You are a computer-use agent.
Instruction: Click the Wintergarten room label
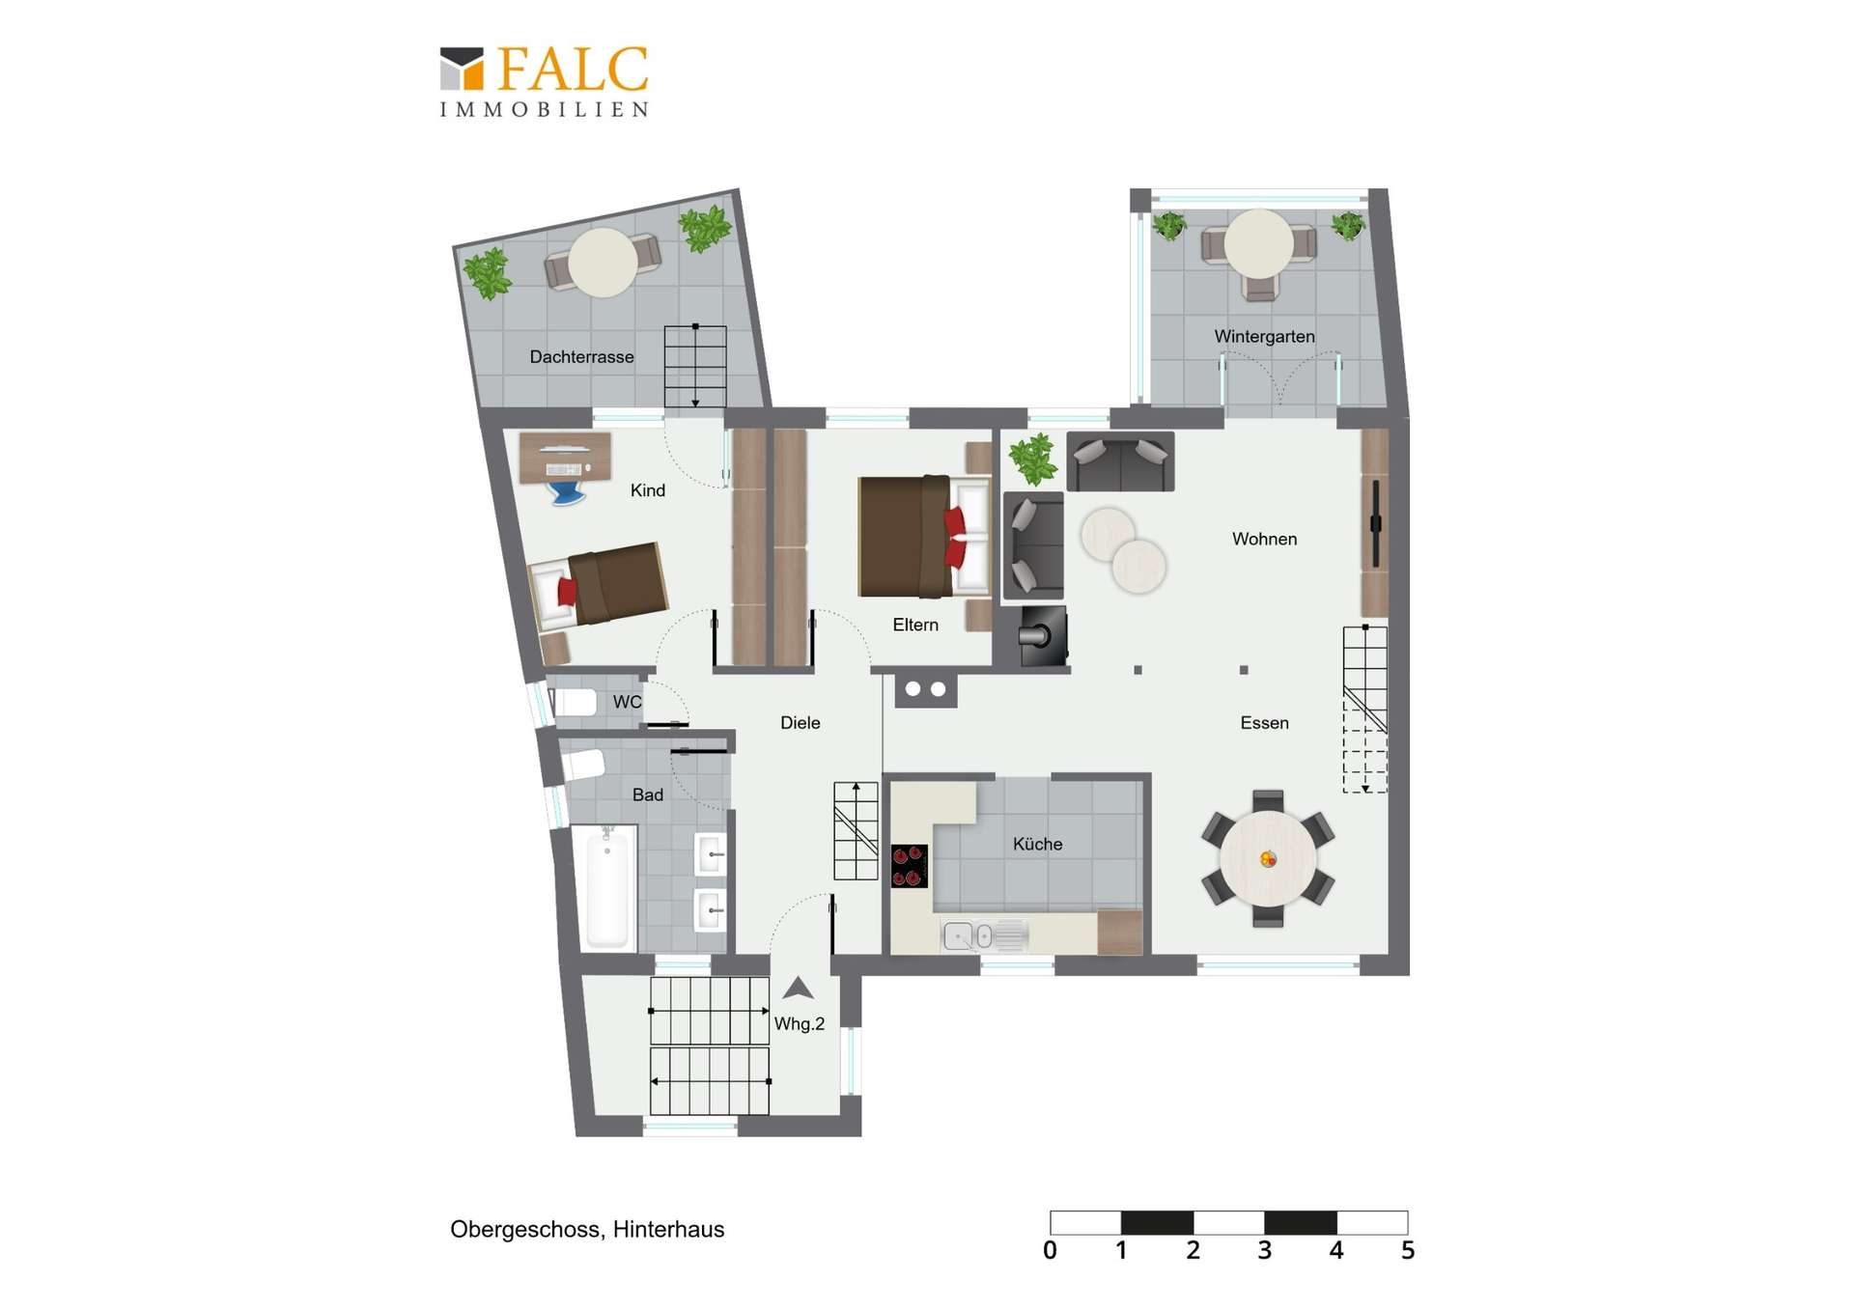click(1264, 337)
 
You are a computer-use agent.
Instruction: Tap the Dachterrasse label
click(581, 357)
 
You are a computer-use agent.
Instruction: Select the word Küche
click(1037, 844)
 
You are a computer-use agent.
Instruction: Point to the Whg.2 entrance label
click(800, 1024)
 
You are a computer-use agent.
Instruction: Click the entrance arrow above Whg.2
click(798, 988)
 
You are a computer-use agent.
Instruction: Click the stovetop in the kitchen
click(910, 866)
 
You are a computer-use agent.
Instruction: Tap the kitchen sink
click(984, 935)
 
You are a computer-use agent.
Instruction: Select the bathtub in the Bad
click(607, 887)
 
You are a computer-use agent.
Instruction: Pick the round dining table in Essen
click(1268, 858)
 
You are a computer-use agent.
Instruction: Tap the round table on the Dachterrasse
click(603, 262)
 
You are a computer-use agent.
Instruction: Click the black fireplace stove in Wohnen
click(1044, 636)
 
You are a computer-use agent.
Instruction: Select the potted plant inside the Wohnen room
click(1033, 459)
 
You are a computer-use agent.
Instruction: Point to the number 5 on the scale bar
click(1408, 1251)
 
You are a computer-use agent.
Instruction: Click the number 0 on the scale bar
click(1050, 1251)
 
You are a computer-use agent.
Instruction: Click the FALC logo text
click(573, 70)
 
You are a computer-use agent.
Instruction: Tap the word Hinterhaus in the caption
click(668, 1230)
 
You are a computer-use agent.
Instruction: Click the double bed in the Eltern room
click(924, 536)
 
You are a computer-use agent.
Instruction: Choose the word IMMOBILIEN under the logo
click(544, 110)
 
